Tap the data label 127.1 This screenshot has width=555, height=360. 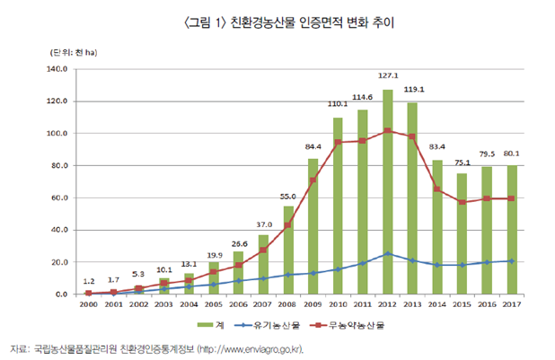coord(386,76)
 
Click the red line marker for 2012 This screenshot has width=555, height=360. coord(386,131)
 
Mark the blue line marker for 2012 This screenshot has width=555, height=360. coord(386,254)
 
